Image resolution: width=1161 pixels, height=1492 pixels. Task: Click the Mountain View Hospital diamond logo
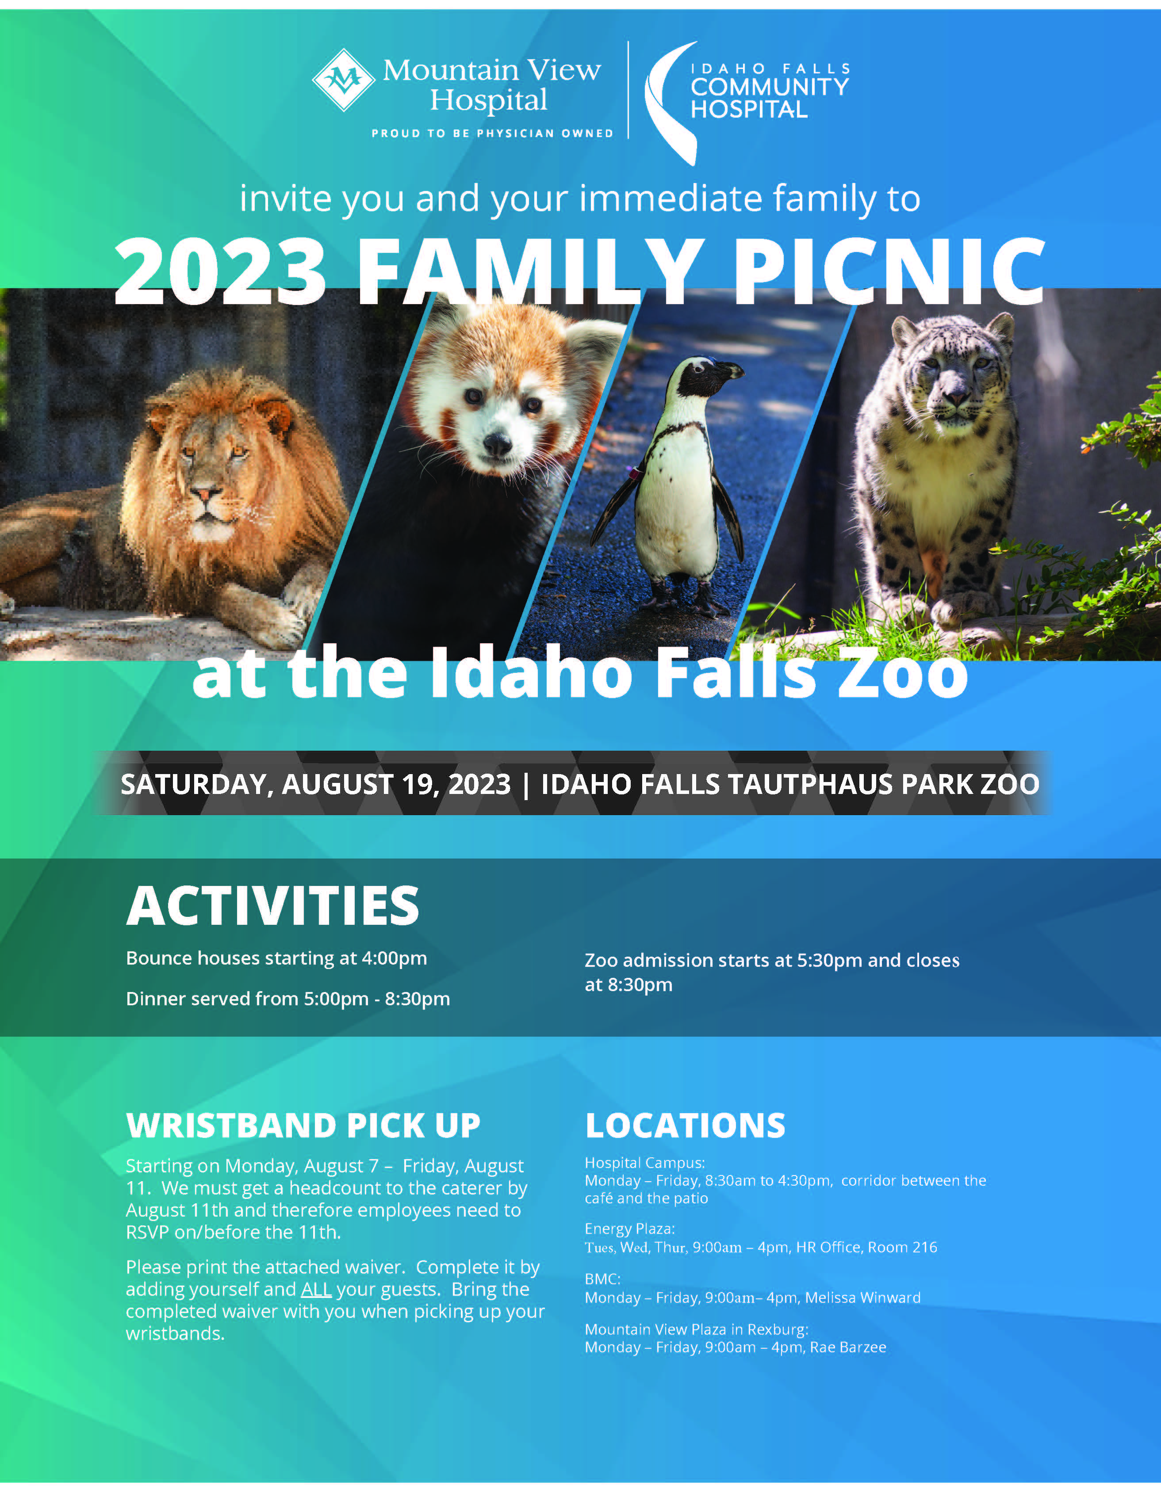click(343, 80)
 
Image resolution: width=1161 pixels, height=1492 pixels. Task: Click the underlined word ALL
click(316, 1289)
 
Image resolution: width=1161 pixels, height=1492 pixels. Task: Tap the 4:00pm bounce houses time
click(394, 958)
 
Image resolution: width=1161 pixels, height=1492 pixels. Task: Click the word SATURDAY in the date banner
click(193, 784)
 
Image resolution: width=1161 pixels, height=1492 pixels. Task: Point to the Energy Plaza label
click(629, 1229)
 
